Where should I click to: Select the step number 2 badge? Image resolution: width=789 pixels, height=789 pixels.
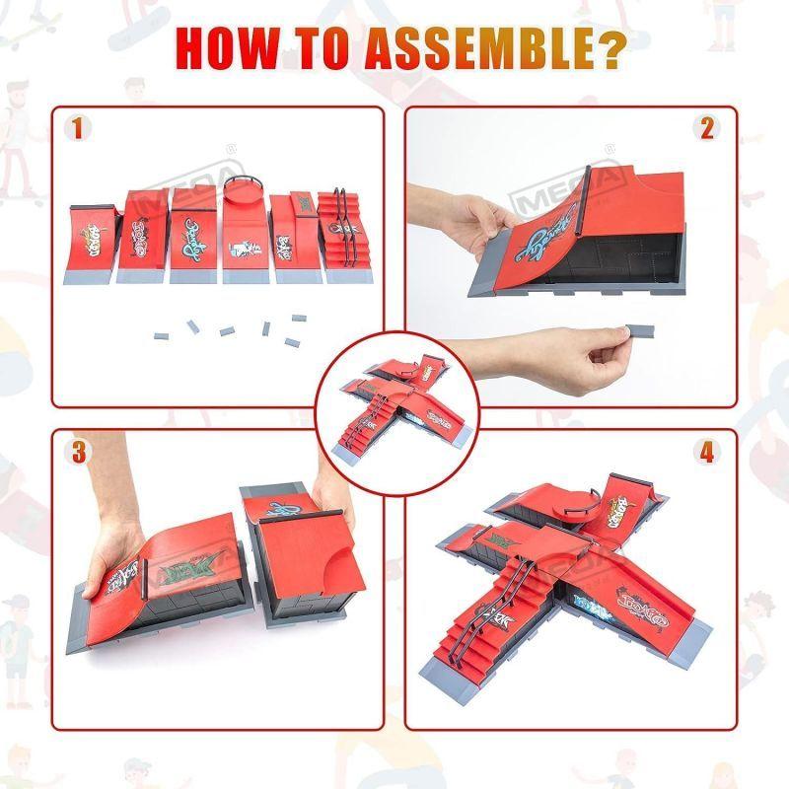click(x=706, y=128)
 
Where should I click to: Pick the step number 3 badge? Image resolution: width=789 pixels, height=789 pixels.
click(x=77, y=453)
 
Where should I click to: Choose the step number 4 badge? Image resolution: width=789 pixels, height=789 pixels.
click(x=706, y=453)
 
